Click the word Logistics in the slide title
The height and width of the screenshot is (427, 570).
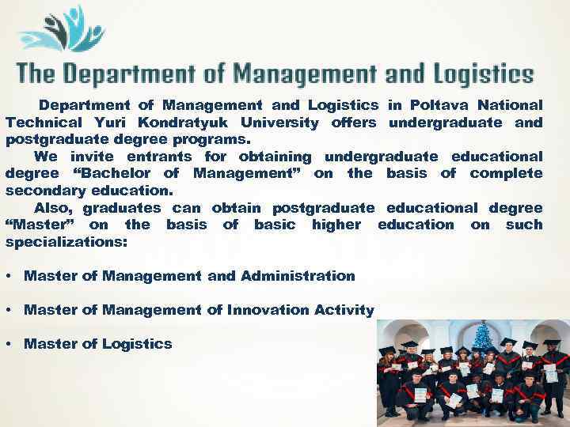(481, 75)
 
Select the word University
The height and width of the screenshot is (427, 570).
(280, 123)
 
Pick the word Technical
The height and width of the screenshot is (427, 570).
(44, 123)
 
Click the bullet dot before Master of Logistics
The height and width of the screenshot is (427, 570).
(7, 344)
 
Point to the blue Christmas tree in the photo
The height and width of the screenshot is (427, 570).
(481, 338)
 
